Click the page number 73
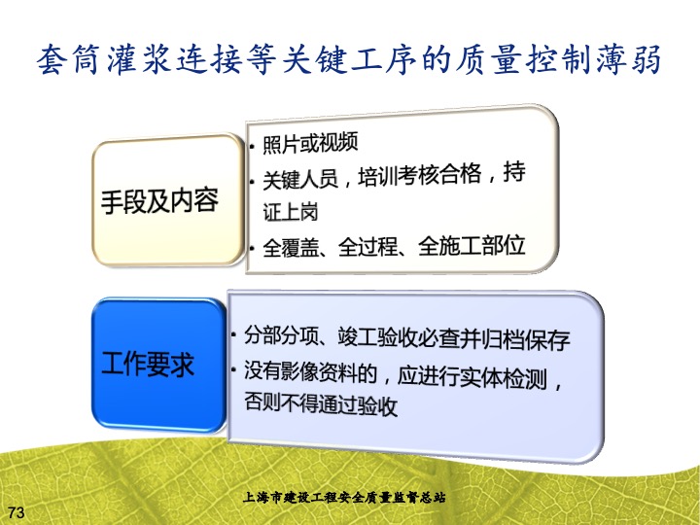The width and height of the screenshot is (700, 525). (x=17, y=512)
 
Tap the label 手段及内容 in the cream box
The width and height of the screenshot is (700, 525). (x=159, y=200)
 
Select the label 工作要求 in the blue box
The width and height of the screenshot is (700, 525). (x=148, y=364)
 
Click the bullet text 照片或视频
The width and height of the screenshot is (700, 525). (x=310, y=143)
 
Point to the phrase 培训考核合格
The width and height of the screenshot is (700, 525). (x=420, y=175)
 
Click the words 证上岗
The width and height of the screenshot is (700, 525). (x=290, y=212)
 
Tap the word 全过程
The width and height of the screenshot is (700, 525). (x=367, y=247)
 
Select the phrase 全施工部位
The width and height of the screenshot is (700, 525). (x=472, y=246)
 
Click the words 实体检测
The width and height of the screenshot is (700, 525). (x=504, y=378)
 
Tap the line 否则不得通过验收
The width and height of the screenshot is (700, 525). (x=321, y=403)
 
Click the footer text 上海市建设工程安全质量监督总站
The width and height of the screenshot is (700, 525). (x=344, y=497)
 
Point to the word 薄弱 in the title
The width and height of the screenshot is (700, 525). (x=629, y=59)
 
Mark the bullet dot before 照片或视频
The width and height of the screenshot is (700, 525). (x=252, y=146)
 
